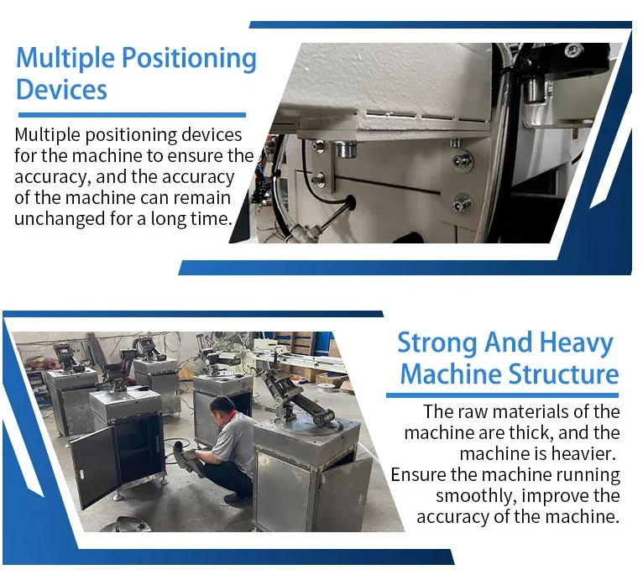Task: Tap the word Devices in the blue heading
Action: pyautogui.click(x=61, y=90)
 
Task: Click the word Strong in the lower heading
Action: pyautogui.click(x=437, y=342)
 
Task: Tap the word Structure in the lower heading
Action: pyautogui.click(x=563, y=374)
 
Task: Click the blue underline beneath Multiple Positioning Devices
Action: pyautogui.click(x=132, y=115)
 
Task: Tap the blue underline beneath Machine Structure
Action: pyautogui.click(x=502, y=395)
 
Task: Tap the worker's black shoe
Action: pyautogui.click(x=238, y=499)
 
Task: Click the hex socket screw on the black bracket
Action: pyautogui.click(x=572, y=51)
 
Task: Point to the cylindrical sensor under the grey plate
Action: pyautogui.click(x=346, y=149)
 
